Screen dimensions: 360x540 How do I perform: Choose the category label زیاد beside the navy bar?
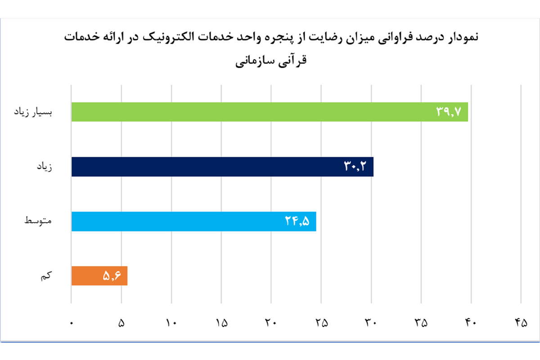(x=45, y=167)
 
